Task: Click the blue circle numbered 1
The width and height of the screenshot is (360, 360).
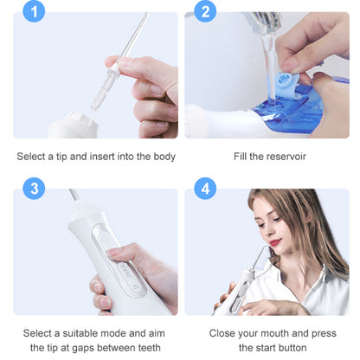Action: point(34,11)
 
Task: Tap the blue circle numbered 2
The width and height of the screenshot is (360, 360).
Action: point(205,11)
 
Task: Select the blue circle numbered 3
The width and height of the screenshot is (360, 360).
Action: point(34,189)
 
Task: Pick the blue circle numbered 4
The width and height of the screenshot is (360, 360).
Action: point(205,189)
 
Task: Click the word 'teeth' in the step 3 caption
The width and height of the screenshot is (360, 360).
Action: point(150,348)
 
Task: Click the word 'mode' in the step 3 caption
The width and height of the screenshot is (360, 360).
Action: point(115,333)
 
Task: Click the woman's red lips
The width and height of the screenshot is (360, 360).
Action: point(275,241)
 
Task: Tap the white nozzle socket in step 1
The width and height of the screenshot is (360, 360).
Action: point(74,125)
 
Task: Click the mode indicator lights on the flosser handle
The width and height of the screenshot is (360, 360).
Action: point(125,271)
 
